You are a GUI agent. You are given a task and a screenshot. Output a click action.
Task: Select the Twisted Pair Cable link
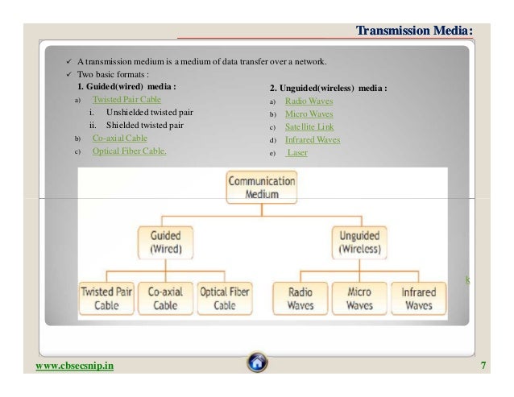[x=126, y=99]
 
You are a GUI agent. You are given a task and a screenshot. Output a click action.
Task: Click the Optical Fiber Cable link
[x=129, y=151]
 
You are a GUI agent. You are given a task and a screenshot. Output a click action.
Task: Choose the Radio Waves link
[x=309, y=102]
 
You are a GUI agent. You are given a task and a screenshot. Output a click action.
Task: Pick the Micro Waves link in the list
[x=309, y=114]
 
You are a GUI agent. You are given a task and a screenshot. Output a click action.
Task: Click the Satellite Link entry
[x=310, y=127]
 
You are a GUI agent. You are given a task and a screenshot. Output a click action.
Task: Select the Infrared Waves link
[x=313, y=140]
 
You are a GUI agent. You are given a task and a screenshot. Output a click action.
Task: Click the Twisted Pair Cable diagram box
[x=106, y=299]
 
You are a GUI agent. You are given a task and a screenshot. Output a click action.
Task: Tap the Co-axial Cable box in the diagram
[x=165, y=299]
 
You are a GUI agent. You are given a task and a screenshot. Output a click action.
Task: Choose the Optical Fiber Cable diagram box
[x=225, y=299]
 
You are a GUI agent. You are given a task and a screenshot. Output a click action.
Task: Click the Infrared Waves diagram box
[x=419, y=299]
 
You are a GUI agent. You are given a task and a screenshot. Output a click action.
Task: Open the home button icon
[x=257, y=364]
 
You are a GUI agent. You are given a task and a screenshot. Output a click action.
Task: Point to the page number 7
[x=483, y=366]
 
